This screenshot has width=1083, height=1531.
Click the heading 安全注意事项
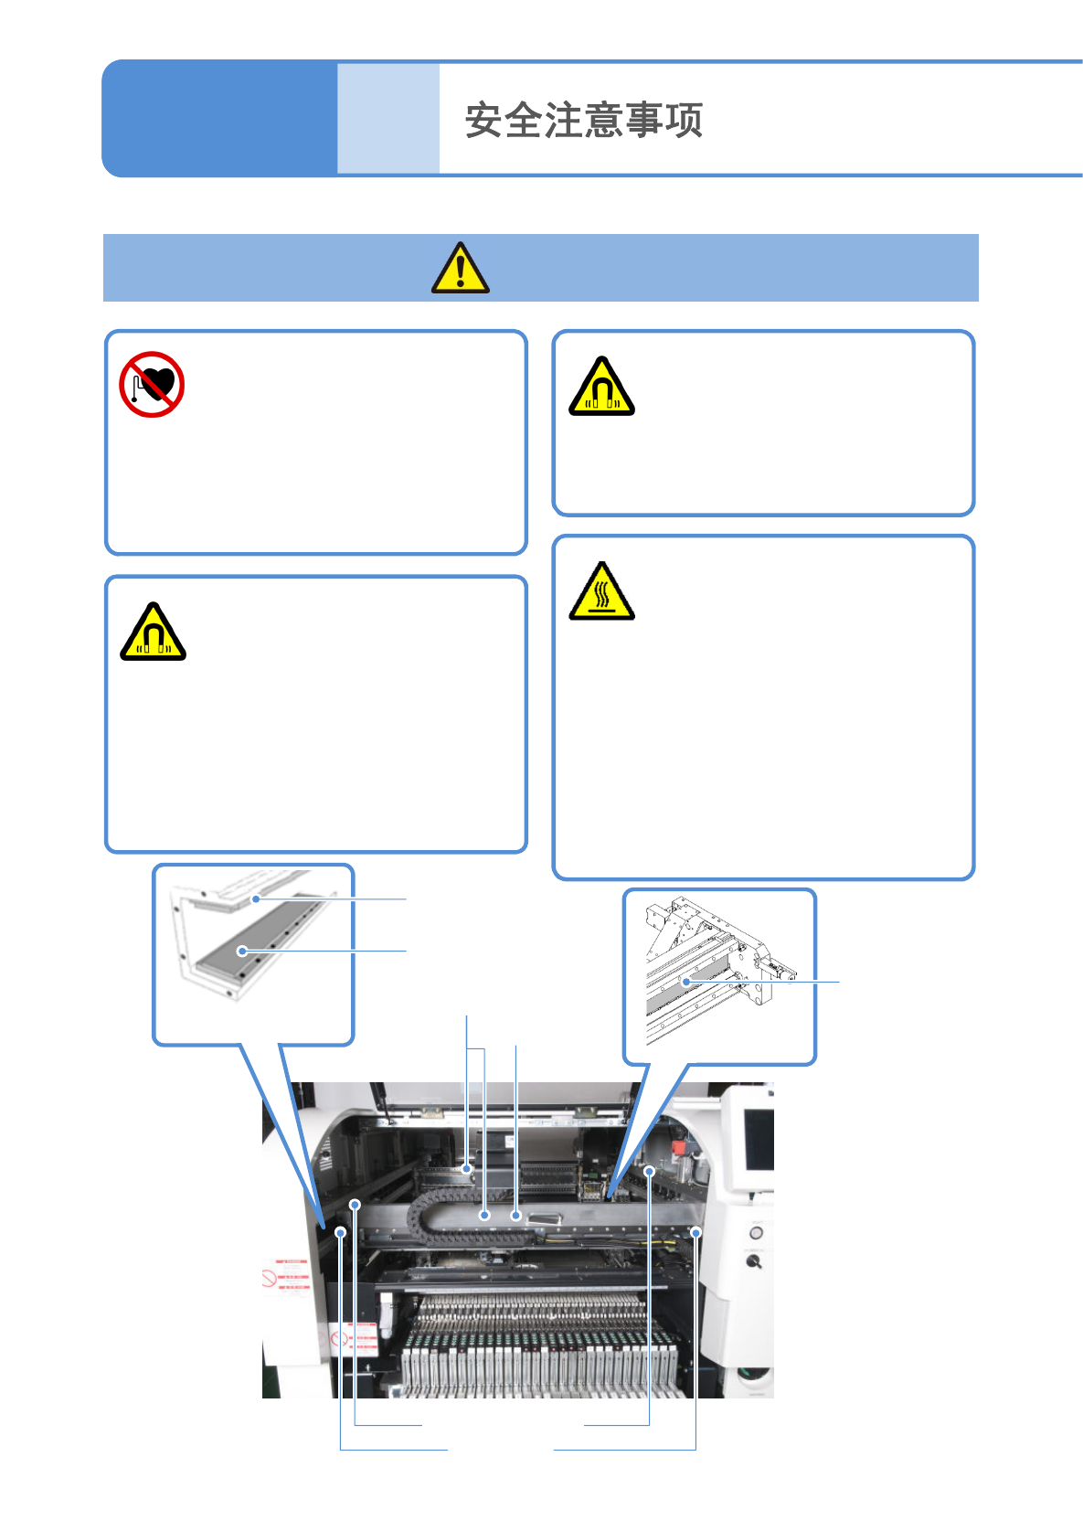point(583,120)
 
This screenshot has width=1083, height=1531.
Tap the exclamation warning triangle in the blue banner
point(461,269)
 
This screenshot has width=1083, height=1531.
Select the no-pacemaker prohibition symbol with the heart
point(152,385)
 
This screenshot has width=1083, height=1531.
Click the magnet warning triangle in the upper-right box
point(601,388)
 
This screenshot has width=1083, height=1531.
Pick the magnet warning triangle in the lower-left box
point(154,633)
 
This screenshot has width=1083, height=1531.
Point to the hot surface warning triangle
point(601,592)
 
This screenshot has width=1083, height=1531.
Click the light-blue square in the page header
point(388,119)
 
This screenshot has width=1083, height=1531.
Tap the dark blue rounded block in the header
point(219,119)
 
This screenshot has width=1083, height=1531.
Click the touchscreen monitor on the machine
point(758,1139)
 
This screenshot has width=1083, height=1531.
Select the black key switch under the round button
point(754,1261)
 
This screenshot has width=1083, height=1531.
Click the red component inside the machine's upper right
point(678,1147)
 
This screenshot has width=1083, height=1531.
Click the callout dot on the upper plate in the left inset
point(257,899)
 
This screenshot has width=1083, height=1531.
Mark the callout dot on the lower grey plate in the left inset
point(242,952)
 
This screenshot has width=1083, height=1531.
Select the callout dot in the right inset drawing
point(685,982)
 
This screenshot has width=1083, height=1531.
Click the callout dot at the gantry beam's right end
point(695,1233)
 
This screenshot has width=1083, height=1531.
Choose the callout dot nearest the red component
point(650,1171)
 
